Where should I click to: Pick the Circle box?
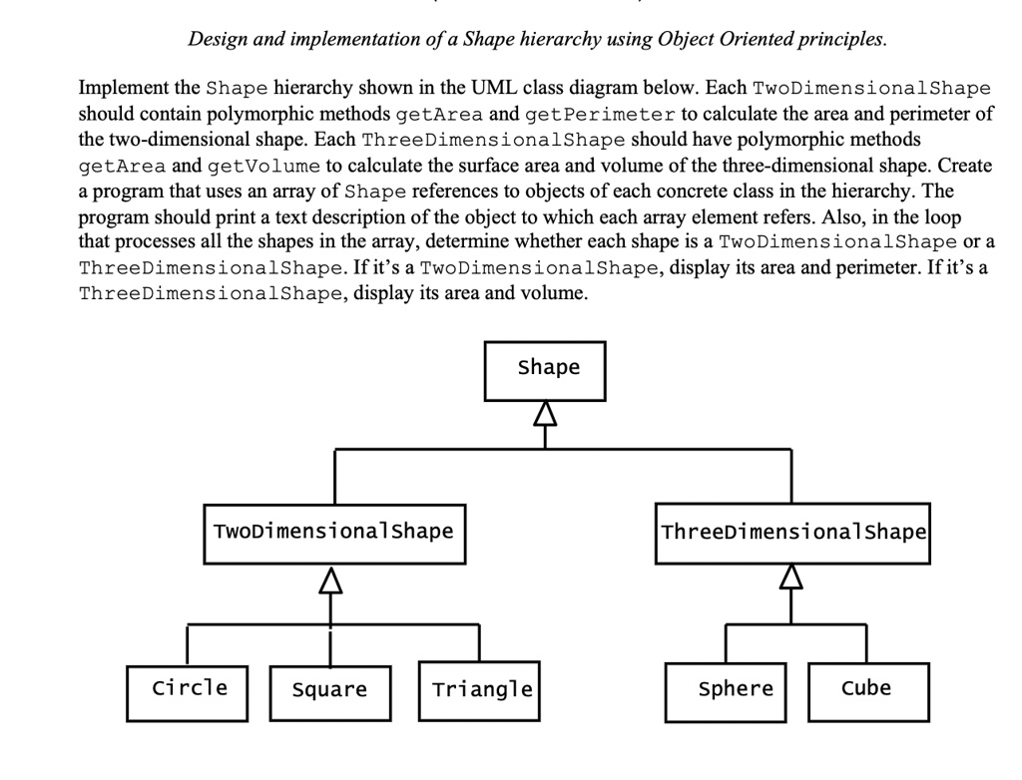(188, 689)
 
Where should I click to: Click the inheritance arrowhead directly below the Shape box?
(544, 412)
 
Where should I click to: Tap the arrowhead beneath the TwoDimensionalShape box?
(332, 579)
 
